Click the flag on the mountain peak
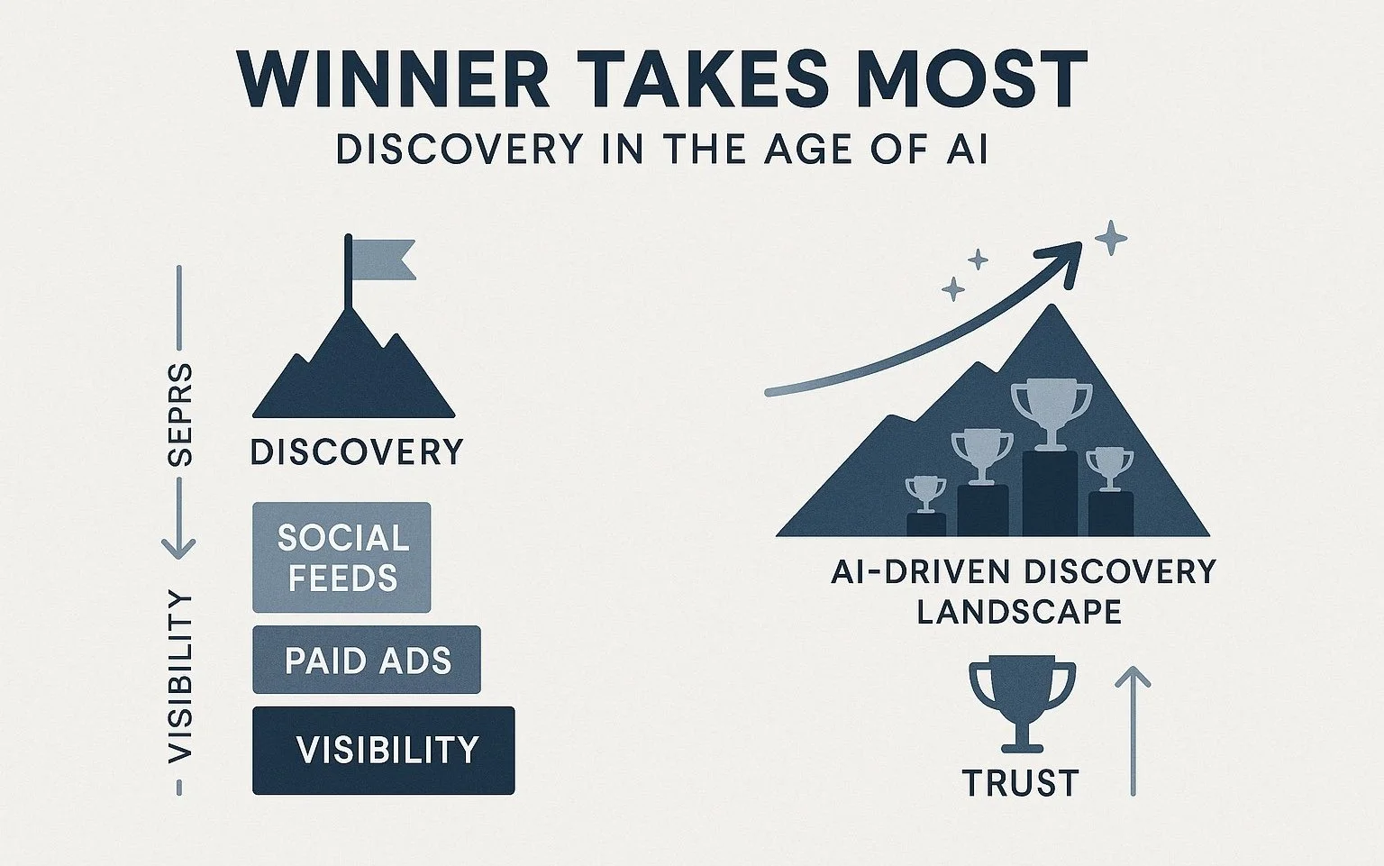coord(382,259)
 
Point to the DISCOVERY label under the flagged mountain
coord(357,451)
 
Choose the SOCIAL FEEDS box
coord(342,558)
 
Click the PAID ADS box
coord(367,661)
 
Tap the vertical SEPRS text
coord(180,415)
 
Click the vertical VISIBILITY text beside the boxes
coord(180,676)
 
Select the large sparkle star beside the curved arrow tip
coord(1110,238)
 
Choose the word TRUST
coord(1021,782)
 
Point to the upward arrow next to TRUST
coord(1133,730)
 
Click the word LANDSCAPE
coord(1019,612)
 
